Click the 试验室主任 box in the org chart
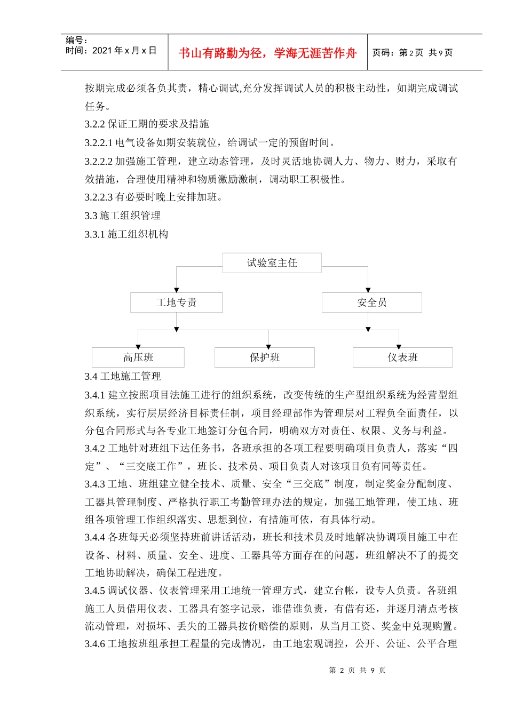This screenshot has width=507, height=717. (272, 263)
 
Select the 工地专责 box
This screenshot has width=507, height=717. (176, 302)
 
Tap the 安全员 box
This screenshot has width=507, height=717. (371, 302)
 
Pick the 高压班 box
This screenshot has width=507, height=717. (138, 357)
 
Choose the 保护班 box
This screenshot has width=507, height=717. (264, 357)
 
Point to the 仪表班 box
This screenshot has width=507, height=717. (402, 357)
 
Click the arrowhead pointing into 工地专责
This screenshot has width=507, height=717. (177, 290)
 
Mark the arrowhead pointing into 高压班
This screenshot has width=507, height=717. (138, 346)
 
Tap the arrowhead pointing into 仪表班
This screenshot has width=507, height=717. (399, 346)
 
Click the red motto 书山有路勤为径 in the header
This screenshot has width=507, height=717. (267, 53)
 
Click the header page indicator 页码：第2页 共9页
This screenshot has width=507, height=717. (413, 53)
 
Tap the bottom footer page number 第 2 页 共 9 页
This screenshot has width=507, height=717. (357, 670)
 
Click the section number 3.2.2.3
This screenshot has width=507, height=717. (99, 197)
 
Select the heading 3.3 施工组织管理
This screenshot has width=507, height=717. (123, 216)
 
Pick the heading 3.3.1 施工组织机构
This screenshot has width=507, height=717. (126, 234)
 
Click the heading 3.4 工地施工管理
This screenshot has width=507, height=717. (123, 377)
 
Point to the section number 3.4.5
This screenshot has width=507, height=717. (94, 591)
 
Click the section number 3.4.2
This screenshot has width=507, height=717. (94, 448)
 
